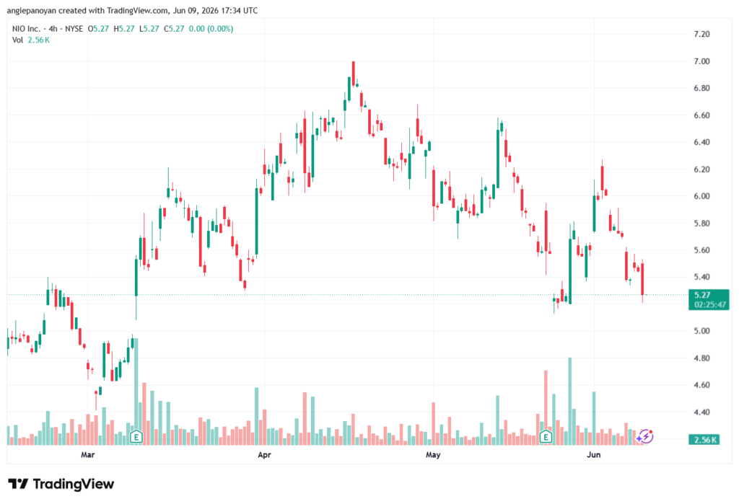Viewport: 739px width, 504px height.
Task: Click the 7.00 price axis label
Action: [x=701, y=61]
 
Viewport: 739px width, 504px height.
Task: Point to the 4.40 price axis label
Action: [x=701, y=412]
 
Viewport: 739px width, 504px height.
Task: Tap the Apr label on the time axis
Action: [x=264, y=454]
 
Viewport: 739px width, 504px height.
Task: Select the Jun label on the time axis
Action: [x=593, y=454]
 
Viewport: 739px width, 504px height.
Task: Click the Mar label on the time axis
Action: [x=87, y=454]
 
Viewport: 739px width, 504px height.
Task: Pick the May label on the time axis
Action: [x=433, y=454]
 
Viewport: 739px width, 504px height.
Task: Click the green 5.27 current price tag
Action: [x=702, y=295]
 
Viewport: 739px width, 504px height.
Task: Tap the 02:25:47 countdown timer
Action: [x=710, y=305]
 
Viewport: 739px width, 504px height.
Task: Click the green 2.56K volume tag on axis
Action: [x=704, y=440]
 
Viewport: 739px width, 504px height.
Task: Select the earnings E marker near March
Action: [x=136, y=437]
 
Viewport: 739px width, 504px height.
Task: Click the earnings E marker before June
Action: [x=546, y=437]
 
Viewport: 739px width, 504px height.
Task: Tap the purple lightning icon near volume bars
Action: [x=644, y=437]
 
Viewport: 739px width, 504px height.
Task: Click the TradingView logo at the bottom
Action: [x=61, y=484]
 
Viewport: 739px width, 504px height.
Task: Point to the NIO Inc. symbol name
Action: [x=27, y=29]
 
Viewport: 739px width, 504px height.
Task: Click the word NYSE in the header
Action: [x=74, y=29]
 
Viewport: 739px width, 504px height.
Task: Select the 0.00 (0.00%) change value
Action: [x=211, y=29]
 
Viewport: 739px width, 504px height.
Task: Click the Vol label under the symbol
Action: [x=17, y=40]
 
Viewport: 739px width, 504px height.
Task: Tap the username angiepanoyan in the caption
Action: [x=32, y=10]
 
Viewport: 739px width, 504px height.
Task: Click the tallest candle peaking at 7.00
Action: [x=353, y=74]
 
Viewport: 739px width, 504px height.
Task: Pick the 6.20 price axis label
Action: [x=701, y=169]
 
